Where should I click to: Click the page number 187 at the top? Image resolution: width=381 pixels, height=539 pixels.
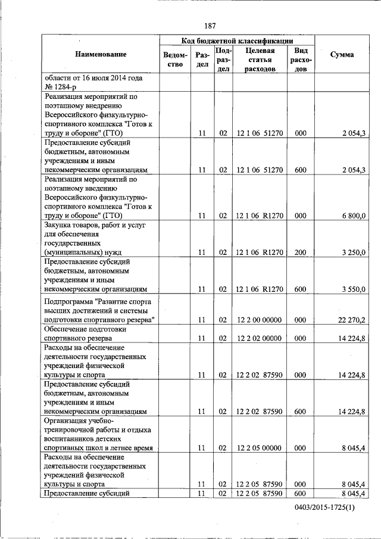209,26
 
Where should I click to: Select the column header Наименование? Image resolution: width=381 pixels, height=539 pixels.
101,55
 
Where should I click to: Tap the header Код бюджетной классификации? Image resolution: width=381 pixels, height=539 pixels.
237,40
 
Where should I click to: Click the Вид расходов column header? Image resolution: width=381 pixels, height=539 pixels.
301,60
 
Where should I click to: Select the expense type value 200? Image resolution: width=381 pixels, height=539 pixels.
300,253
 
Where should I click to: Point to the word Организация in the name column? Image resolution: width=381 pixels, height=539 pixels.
65,420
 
